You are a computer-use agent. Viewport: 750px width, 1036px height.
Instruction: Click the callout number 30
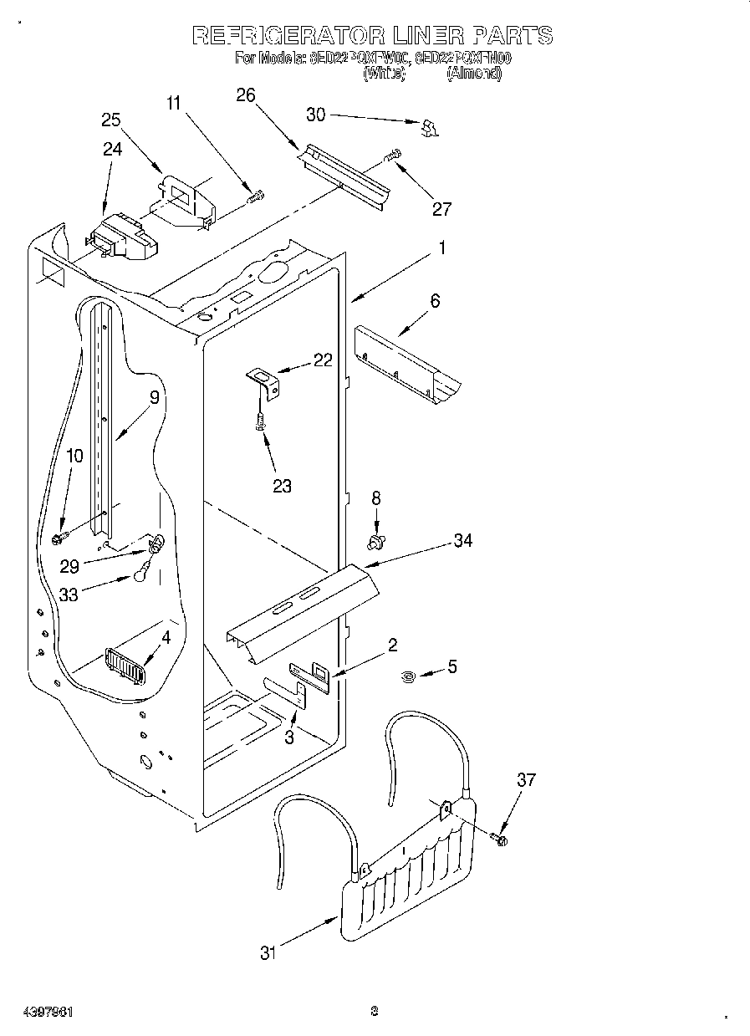click(x=315, y=115)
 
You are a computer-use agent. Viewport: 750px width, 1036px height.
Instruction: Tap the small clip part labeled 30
click(x=429, y=127)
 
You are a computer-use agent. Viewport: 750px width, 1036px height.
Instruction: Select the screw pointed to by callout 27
click(x=392, y=155)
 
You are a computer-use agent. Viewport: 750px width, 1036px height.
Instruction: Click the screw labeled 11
click(x=256, y=197)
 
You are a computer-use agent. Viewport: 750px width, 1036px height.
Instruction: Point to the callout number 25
click(x=111, y=120)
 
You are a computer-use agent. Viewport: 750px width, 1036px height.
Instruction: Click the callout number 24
click(x=112, y=149)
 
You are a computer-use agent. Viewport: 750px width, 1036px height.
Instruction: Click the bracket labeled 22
click(x=266, y=383)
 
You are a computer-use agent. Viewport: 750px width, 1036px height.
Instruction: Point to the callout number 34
click(x=462, y=541)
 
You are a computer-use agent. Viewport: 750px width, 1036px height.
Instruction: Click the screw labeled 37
click(x=501, y=837)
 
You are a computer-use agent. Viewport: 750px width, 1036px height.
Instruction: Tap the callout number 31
click(x=267, y=952)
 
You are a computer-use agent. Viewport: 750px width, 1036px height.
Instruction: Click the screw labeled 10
click(x=61, y=537)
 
